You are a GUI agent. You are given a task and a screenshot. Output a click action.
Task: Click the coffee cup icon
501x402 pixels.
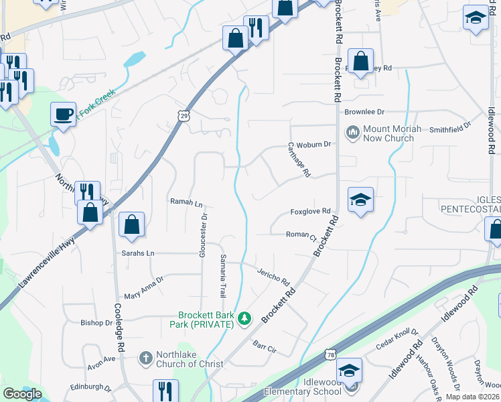(64, 114)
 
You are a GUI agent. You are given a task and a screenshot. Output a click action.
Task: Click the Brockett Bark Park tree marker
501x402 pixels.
(245, 318)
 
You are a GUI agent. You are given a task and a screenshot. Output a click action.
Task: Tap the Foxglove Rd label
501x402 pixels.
(311, 211)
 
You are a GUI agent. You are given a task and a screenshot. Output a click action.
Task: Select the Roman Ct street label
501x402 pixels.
(301, 236)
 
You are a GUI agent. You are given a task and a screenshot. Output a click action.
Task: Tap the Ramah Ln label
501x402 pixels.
(186, 201)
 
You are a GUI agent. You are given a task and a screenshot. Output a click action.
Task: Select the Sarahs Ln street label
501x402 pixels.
(138, 253)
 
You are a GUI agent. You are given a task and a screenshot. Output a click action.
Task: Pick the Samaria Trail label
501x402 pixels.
(223, 276)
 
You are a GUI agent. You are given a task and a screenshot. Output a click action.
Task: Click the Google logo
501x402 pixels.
(22, 393)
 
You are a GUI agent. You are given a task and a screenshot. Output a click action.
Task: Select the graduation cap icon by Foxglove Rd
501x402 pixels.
(360, 199)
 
